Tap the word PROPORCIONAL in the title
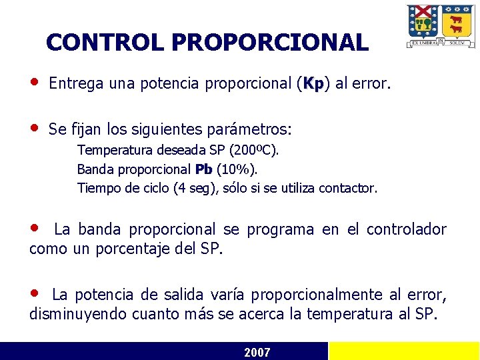[x=269, y=43]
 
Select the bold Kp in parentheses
[x=313, y=85]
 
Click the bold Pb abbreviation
[x=204, y=169]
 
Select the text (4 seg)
[x=194, y=188]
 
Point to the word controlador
[x=405, y=230]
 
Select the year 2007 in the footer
[x=257, y=352]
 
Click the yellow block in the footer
[x=404, y=351]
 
